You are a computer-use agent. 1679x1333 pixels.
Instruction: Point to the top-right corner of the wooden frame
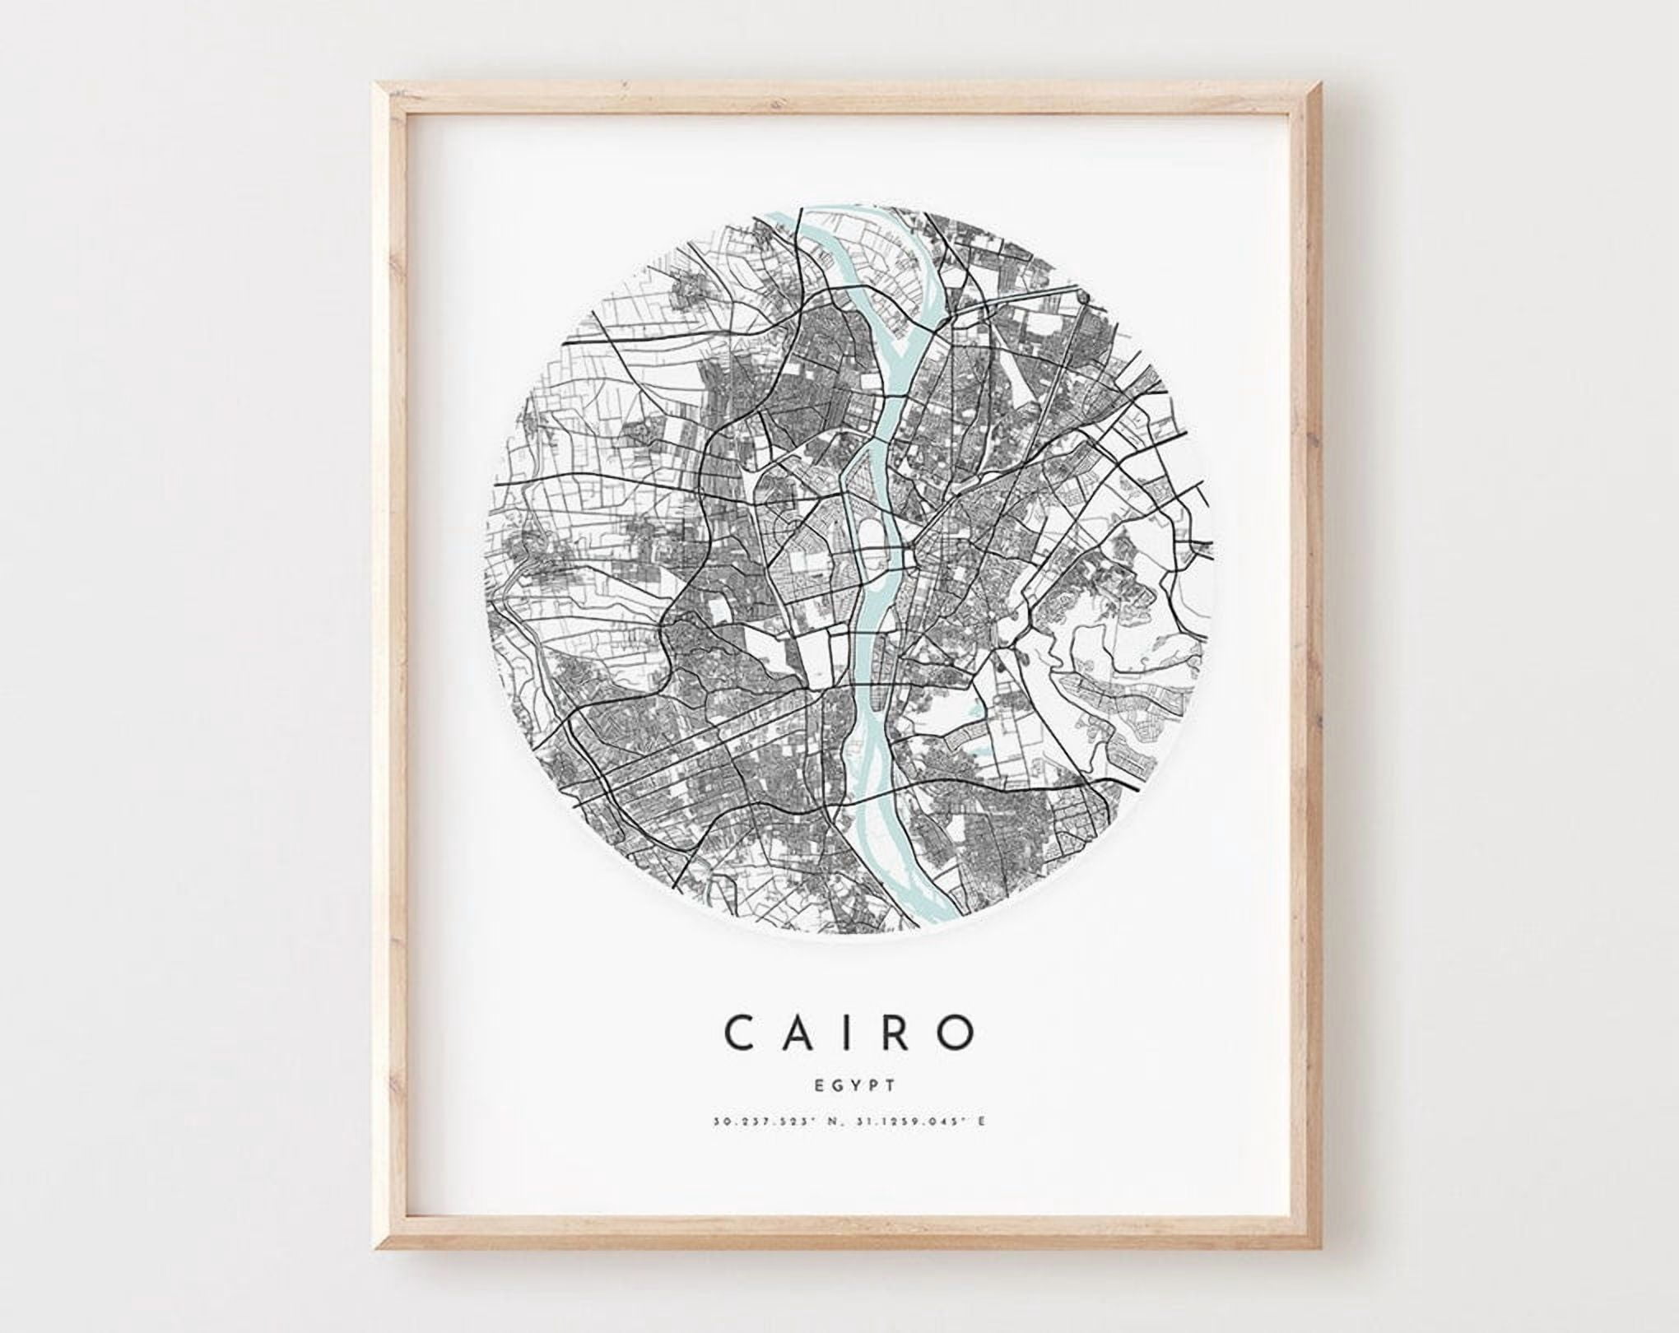coord(1300,85)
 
